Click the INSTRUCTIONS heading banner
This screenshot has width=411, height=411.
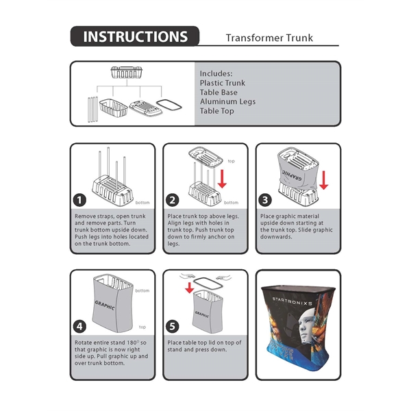[134, 37]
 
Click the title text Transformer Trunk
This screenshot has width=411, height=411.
[269, 38]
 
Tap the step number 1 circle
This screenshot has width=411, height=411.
[81, 201]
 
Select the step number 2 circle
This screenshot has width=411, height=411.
[173, 201]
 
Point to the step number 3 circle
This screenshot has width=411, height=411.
[266, 201]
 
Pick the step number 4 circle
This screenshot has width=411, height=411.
[81, 327]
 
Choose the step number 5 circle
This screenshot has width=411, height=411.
[173, 327]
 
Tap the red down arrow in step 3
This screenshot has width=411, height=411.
[323, 180]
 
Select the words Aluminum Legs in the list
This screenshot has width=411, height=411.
[227, 101]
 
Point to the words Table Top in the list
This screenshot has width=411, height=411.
[216, 111]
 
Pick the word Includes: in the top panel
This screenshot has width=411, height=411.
[216, 73]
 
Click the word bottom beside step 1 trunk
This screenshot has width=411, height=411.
[142, 203]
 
